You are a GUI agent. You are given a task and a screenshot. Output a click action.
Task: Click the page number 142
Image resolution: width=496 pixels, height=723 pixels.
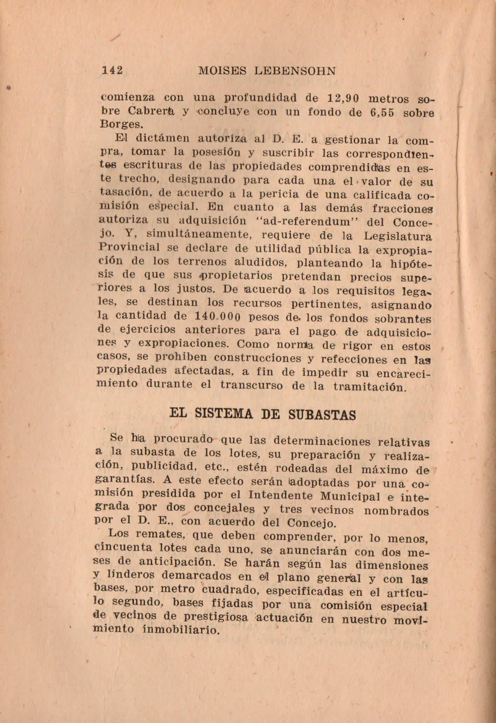click(x=112, y=70)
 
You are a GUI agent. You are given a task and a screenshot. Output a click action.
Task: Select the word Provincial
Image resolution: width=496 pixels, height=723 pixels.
click(x=129, y=248)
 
